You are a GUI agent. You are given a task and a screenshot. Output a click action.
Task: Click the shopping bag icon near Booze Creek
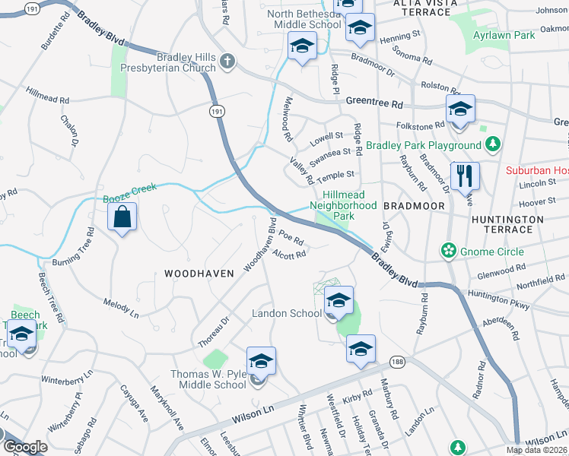point(122,217)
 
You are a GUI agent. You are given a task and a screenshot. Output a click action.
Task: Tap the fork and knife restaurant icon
point(463,176)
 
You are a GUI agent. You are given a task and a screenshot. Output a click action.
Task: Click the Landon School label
point(285,314)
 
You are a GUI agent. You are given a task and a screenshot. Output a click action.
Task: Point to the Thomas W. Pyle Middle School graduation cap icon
point(261,362)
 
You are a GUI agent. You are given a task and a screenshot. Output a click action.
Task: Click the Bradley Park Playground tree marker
point(493,144)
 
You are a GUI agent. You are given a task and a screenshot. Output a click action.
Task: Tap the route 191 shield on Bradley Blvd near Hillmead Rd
point(218,111)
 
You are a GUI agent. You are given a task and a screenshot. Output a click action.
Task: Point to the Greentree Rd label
point(373,100)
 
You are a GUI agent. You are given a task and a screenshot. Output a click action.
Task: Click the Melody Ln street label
point(121,309)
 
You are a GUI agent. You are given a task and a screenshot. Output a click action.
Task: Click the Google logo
point(24,447)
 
